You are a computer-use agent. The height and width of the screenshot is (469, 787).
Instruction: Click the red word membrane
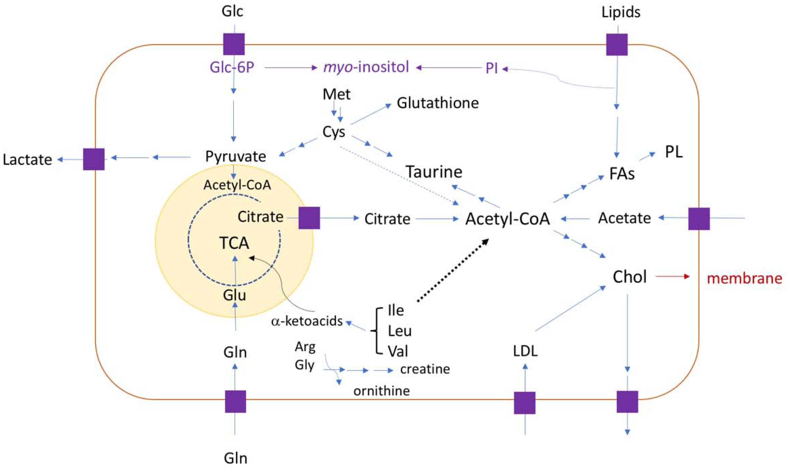(x=744, y=278)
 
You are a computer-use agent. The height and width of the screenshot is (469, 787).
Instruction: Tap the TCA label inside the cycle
(x=234, y=243)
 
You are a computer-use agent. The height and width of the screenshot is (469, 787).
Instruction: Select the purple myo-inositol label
(x=366, y=67)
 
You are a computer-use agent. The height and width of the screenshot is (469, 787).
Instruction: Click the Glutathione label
(x=438, y=103)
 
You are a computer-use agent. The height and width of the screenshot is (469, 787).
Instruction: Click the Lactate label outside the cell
(x=28, y=160)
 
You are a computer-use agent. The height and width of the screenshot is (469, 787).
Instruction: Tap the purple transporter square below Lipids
(x=617, y=45)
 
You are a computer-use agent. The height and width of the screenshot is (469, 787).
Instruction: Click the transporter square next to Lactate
(x=94, y=159)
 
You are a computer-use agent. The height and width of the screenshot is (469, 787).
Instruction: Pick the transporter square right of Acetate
(x=699, y=219)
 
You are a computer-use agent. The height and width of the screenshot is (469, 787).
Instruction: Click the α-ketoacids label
(x=307, y=321)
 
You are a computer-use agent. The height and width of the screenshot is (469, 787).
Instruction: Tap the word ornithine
(x=381, y=391)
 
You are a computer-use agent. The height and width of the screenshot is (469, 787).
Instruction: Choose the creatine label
(x=425, y=369)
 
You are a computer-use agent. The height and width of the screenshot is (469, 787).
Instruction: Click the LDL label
(x=525, y=351)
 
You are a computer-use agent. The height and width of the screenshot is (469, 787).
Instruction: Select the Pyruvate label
(x=236, y=156)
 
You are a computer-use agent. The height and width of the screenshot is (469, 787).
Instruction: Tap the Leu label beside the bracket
(x=400, y=331)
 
